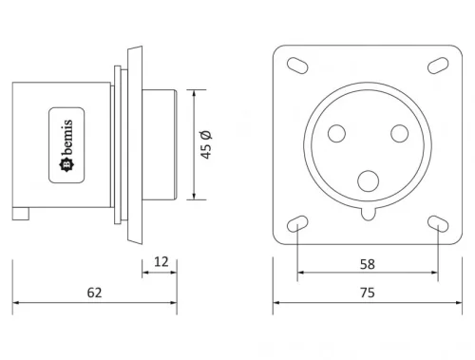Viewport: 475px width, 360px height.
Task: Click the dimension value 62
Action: tap(93, 294)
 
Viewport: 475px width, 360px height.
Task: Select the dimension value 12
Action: tap(160, 261)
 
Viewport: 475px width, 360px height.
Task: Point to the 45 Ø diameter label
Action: tap(205, 145)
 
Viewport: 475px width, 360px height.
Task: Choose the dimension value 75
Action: tap(367, 294)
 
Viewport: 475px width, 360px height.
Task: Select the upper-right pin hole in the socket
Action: tap(393, 135)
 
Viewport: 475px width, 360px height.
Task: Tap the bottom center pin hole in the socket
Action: tap(367, 180)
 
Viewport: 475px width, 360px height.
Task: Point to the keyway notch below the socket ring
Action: tap(367, 215)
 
